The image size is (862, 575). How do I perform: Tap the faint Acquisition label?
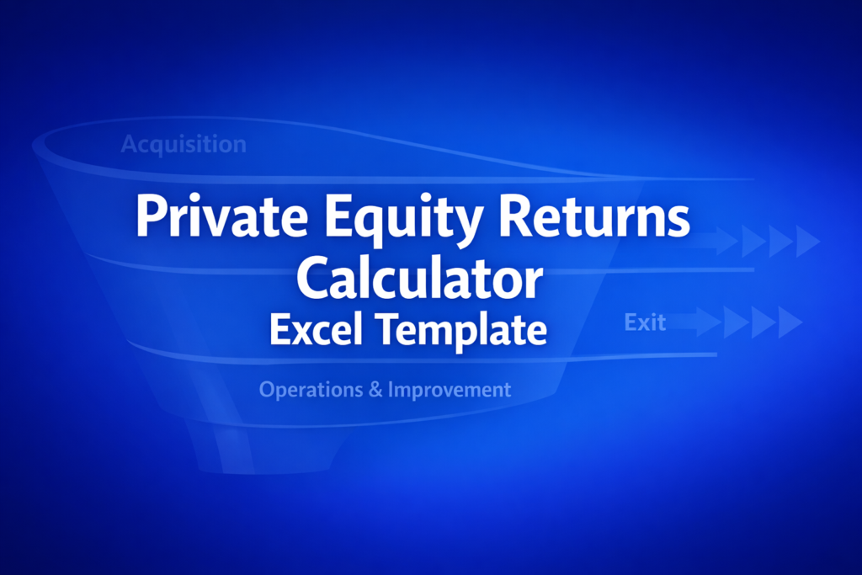(184, 145)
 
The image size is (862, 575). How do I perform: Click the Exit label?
(645, 322)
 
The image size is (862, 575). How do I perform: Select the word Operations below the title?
(311, 390)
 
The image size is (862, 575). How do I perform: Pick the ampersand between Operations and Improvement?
(375, 389)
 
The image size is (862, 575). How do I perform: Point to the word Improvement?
(450, 390)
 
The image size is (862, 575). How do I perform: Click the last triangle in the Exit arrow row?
(789, 322)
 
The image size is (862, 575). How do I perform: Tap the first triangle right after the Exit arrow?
(734, 322)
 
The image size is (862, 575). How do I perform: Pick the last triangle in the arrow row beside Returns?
(806, 242)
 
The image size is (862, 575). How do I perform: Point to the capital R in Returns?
(514, 216)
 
